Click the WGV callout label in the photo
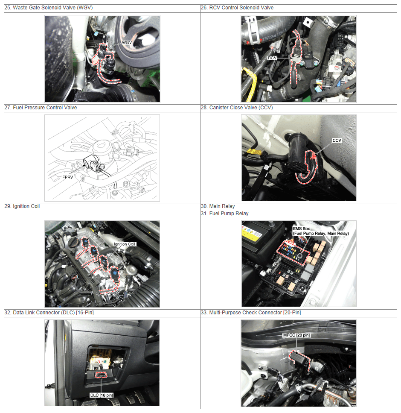(x=127, y=42)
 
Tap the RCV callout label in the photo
(x=272, y=58)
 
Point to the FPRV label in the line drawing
(x=68, y=177)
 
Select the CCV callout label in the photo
(x=337, y=141)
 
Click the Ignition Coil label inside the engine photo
(x=124, y=244)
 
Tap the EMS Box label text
(x=301, y=228)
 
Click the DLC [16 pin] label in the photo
(x=102, y=395)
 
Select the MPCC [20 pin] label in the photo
(x=296, y=335)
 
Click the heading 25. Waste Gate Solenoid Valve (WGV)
(x=49, y=8)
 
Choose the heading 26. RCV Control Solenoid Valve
(x=237, y=8)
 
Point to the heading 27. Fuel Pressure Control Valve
(x=41, y=108)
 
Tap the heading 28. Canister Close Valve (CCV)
(x=237, y=108)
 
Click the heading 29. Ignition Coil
(x=22, y=206)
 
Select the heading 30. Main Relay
(x=218, y=206)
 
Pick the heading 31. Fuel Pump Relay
(x=225, y=214)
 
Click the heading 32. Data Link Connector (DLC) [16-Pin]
(x=49, y=312)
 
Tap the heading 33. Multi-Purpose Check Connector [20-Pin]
(x=251, y=312)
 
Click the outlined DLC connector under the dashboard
(x=101, y=375)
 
